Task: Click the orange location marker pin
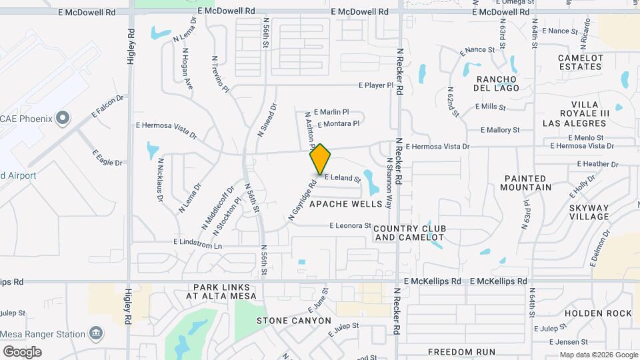321,159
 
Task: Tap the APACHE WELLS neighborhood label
346,204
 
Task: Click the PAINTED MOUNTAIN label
527,183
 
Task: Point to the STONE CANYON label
294,321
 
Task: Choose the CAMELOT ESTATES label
580,62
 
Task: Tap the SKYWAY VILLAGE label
589,212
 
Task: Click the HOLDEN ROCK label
598,313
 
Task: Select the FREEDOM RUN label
461,352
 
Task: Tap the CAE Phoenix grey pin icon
63,119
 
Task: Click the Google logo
22,351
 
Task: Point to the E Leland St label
342,178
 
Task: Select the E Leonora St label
350,226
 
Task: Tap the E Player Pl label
377,85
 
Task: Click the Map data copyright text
598,355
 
